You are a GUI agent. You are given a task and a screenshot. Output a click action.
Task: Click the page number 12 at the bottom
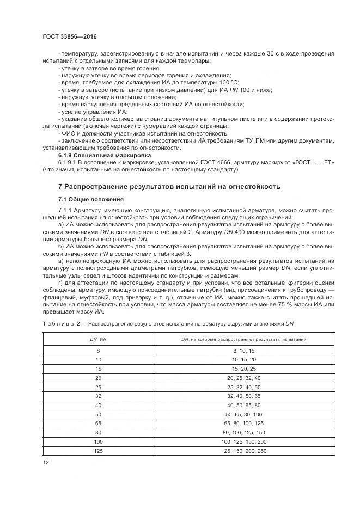tap(45, 462)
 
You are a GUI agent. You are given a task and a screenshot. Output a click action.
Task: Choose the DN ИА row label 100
tap(98, 441)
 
